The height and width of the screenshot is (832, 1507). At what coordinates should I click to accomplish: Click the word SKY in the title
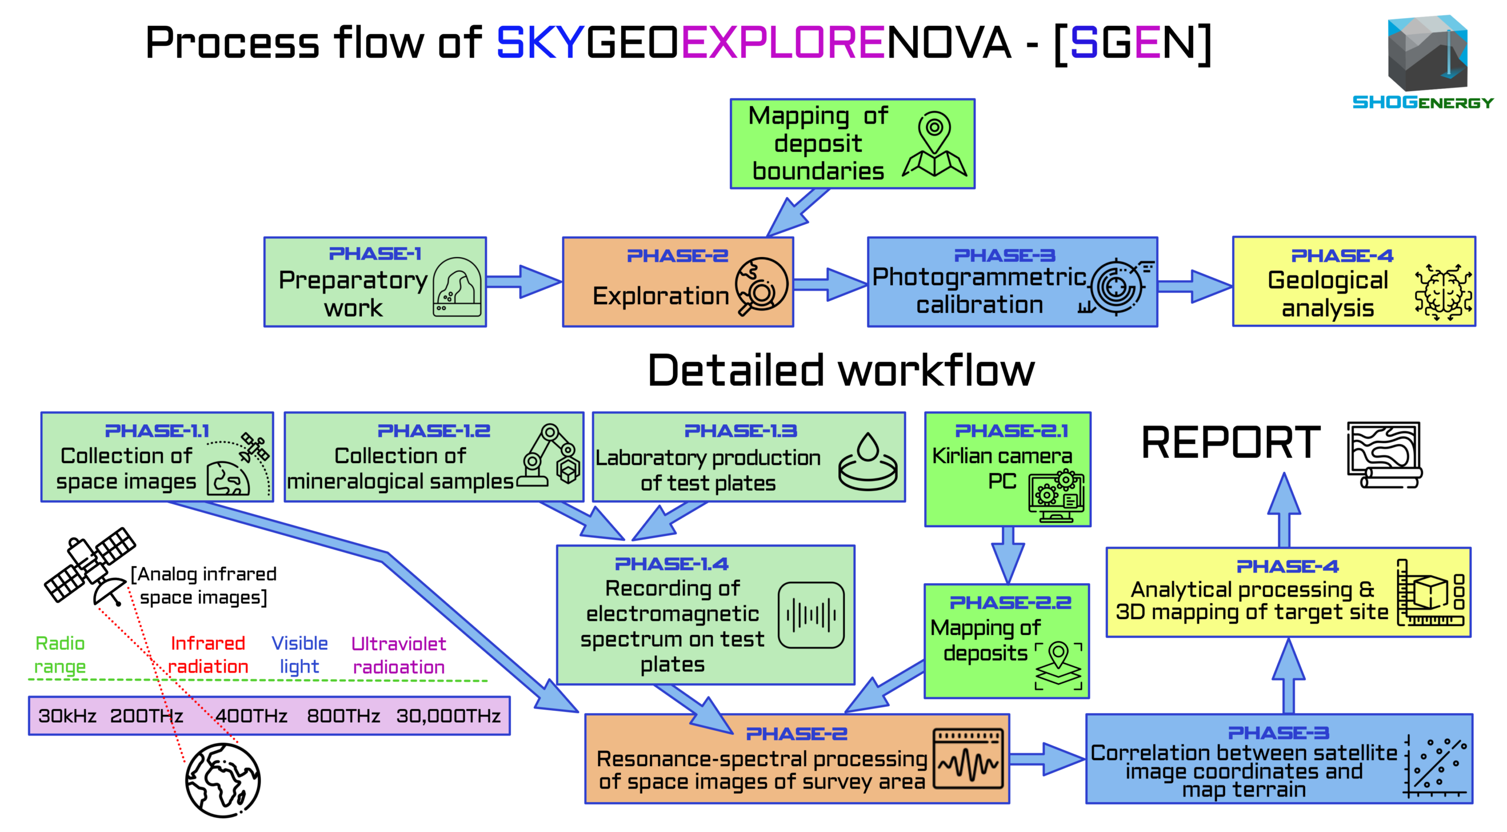pyautogui.click(x=540, y=42)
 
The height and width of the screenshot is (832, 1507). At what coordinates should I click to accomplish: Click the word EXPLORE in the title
pyautogui.click(x=783, y=42)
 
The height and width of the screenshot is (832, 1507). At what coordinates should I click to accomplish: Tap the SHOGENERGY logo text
pyautogui.click(x=1423, y=102)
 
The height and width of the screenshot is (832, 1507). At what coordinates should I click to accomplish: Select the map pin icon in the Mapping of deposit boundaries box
pyautogui.click(x=934, y=145)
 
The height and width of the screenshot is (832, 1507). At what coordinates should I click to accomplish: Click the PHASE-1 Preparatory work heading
pyautogui.click(x=375, y=254)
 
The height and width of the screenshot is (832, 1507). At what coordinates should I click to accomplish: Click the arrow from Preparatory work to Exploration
pyautogui.click(x=523, y=282)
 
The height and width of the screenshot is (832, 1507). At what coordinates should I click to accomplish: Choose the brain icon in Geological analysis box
pyautogui.click(x=1443, y=292)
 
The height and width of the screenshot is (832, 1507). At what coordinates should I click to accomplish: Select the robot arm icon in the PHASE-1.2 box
pyautogui.click(x=550, y=455)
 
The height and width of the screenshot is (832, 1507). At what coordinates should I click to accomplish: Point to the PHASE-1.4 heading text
pyautogui.click(x=672, y=564)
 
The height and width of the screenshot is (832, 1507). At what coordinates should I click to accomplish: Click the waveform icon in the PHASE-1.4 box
pyautogui.click(x=811, y=615)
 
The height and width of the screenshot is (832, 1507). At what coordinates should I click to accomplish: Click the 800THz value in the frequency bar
pyautogui.click(x=343, y=716)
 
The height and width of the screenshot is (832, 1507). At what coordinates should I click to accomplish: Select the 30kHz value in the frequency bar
pyautogui.click(x=67, y=716)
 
